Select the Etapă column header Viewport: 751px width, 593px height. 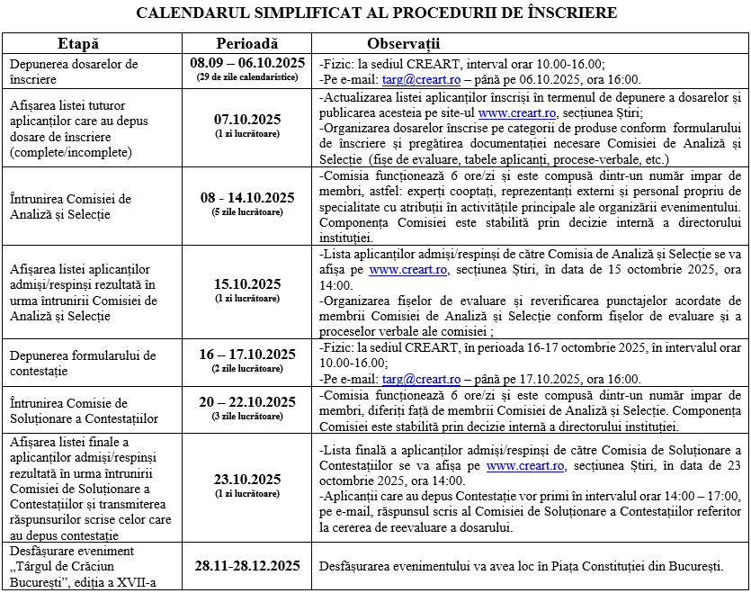(x=78, y=44)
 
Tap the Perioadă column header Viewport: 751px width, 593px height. (x=247, y=44)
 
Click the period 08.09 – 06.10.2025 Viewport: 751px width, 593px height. (x=247, y=64)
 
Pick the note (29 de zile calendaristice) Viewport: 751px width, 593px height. (x=247, y=77)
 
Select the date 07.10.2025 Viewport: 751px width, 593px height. (x=247, y=120)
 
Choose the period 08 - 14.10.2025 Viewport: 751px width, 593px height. (x=247, y=198)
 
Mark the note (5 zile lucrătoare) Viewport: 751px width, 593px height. (x=247, y=211)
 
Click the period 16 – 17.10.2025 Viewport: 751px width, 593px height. (x=247, y=354)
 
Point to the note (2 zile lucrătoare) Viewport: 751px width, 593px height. (x=247, y=368)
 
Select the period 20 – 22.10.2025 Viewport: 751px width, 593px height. (x=247, y=401)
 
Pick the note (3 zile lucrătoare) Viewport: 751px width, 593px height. (x=247, y=416)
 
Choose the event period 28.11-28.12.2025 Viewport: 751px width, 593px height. (x=247, y=566)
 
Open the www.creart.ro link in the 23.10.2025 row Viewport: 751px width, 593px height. (x=525, y=466)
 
